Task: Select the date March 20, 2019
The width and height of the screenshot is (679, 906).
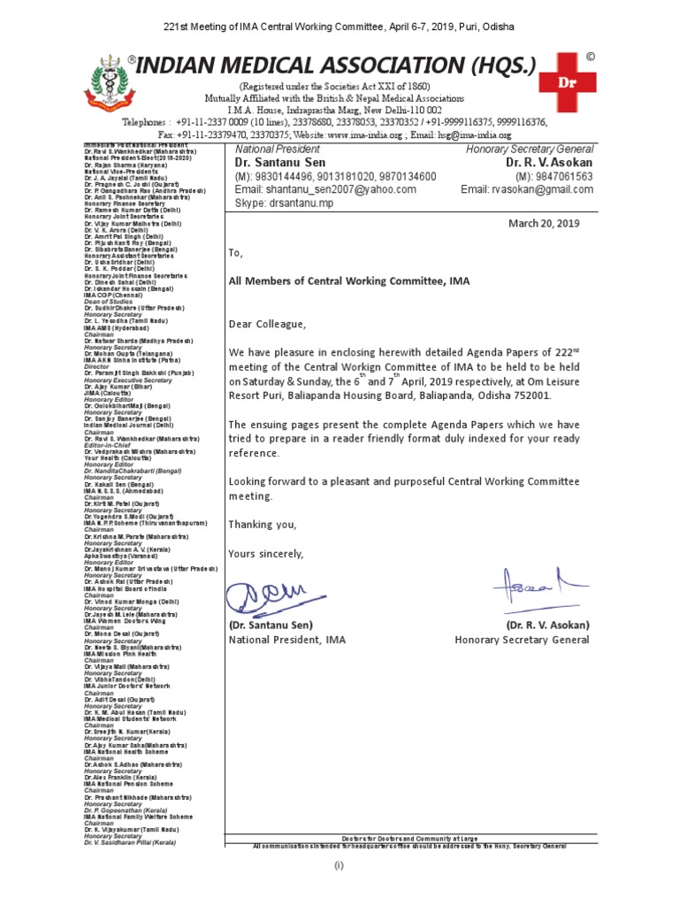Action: pos(544,223)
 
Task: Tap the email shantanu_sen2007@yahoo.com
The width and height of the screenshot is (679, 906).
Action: pos(324,189)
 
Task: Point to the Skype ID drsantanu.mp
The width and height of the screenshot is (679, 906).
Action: pos(284,203)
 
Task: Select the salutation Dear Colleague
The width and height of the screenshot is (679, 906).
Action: pos(266,325)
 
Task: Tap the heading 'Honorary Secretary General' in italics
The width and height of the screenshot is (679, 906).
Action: pos(530,150)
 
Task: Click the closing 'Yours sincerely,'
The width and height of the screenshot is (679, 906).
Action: pos(265,554)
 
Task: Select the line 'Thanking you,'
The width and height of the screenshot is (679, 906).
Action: pos(263,525)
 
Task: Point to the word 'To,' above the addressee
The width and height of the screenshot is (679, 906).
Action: pos(235,252)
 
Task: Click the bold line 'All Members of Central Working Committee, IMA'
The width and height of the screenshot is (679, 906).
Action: pos(349,281)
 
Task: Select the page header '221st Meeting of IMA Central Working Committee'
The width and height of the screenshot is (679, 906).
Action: pos(339,27)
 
